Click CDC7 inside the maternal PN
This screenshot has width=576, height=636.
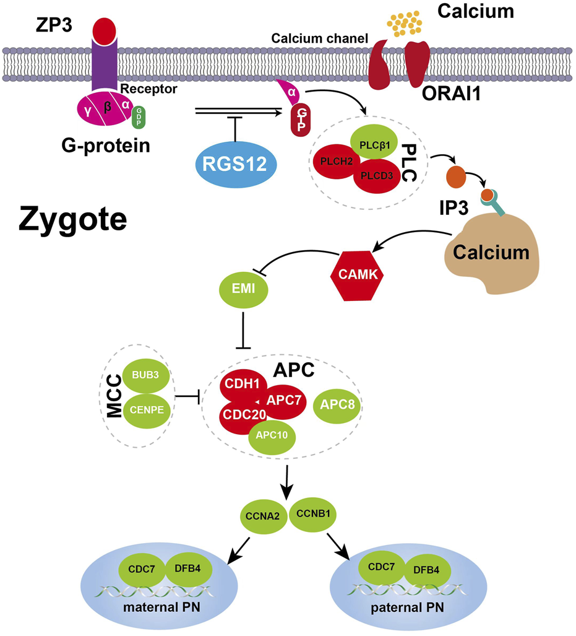coord(142,568)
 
